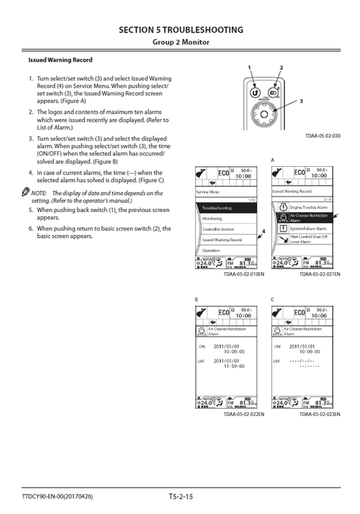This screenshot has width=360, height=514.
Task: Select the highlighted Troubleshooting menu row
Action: tap(227, 208)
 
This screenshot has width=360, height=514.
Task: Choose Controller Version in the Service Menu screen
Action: tap(227, 229)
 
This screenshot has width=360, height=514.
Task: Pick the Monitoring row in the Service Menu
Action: tap(227, 219)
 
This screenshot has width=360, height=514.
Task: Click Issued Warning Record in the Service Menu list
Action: tap(227, 240)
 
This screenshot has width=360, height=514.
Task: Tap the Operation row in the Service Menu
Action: tap(227, 250)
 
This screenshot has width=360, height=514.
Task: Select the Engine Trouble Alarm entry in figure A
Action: tap(303, 207)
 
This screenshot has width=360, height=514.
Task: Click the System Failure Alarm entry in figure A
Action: tap(303, 228)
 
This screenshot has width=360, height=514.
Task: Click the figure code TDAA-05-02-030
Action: tap(322, 136)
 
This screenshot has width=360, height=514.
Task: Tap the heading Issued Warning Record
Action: tap(60, 60)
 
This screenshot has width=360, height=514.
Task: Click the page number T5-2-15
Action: tap(180, 497)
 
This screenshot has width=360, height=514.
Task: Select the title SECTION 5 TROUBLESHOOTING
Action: tap(180, 30)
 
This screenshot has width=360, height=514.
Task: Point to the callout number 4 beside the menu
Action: tap(263, 231)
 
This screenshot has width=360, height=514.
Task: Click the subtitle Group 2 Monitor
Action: tap(180, 42)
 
